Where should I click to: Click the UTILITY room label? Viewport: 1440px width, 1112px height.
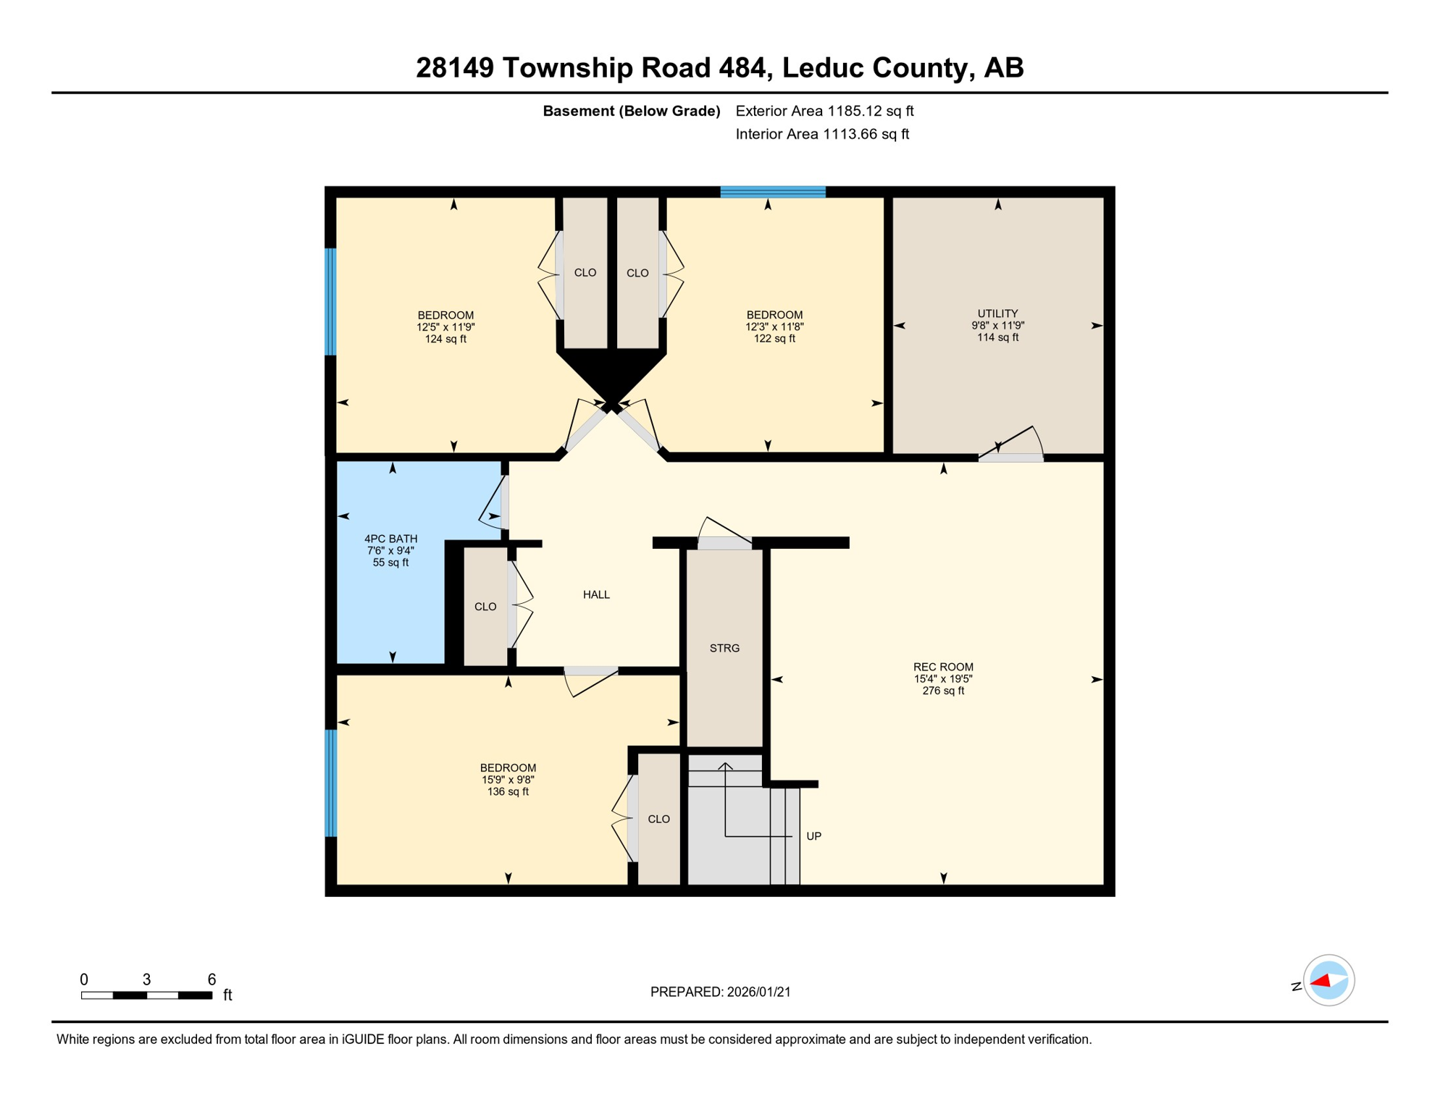[997, 325]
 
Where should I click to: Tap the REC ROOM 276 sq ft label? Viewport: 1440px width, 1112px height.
[942, 678]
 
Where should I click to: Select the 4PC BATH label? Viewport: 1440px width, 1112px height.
[390, 550]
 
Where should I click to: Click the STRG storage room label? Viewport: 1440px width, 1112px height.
[724, 648]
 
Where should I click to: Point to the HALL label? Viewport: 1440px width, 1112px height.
[596, 594]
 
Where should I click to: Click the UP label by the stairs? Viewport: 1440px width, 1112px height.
[813, 836]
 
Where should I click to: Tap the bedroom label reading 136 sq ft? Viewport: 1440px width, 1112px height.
[508, 780]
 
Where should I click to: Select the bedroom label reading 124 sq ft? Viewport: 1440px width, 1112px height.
[445, 327]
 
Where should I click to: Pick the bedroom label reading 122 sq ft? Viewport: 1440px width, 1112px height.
[774, 327]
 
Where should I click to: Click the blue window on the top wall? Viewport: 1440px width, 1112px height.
[772, 192]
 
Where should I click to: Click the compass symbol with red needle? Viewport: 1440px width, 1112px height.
[1328, 980]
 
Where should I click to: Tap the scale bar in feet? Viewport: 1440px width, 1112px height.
[146, 995]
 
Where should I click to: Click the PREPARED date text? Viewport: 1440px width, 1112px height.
[720, 992]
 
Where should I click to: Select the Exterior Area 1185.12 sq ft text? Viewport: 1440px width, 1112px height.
[824, 111]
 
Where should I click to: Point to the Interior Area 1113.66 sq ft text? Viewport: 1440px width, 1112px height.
[822, 134]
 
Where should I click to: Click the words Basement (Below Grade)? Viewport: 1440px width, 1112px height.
[631, 111]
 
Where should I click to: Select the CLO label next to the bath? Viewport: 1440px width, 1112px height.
[485, 607]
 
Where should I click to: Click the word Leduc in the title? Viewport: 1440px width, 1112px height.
[822, 67]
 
